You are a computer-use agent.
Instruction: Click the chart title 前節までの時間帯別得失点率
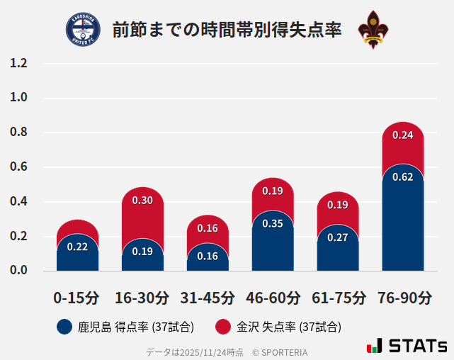tap(227, 30)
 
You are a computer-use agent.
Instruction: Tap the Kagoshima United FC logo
tap(83, 30)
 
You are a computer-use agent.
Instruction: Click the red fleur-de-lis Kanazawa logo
tap(373, 30)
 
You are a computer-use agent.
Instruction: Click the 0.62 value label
tap(402, 177)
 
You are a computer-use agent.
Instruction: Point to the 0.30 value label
tap(142, 201)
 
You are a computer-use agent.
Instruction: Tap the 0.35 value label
tap(273, 224)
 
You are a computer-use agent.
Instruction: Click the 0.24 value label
tap(402, 135)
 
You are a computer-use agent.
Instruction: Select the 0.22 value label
tap(77, 247)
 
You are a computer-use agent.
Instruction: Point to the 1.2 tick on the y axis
tap(19, 64)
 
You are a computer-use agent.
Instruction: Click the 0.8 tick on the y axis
tap(19, 133)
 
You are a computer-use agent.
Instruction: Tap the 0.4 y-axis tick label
tap(19, 202)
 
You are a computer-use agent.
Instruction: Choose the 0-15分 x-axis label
tap(76, 298)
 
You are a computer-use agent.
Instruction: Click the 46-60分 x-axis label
tap(273, 298)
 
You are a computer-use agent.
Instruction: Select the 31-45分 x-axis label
tap(208, 298)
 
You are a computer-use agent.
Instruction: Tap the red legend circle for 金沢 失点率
tap(223, 327)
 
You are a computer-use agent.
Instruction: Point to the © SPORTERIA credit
tap(280, 352)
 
